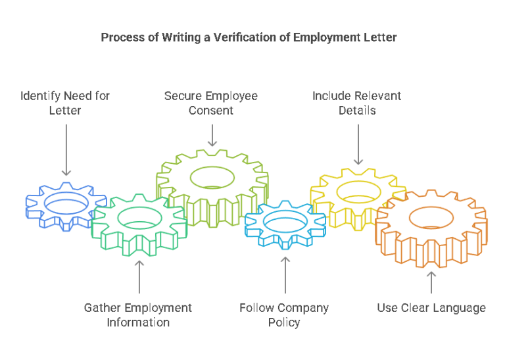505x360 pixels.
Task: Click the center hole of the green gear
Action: [x=140, y=217]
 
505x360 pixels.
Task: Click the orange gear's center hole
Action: [x=431, y=217]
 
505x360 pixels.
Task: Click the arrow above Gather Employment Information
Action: [x=139, y=276]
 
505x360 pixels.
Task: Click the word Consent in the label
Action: [x=211, y=111]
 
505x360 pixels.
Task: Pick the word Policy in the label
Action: [x=284, y=322]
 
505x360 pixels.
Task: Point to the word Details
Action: [x=357, y=111]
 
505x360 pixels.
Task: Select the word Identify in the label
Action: [x=41, y=96]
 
